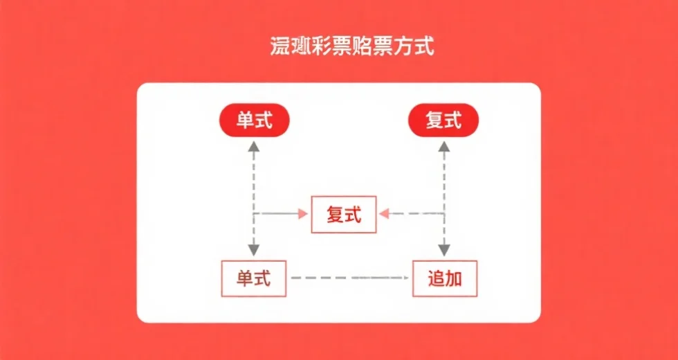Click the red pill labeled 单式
253,121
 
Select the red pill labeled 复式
443,121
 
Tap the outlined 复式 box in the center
344,215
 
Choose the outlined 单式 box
253,278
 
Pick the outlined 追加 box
445,278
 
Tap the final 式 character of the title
423,47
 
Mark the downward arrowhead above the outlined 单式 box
254,250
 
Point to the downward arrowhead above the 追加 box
443,250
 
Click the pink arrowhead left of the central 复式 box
302,215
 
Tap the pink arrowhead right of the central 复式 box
385,215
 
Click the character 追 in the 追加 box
436,279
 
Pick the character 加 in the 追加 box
454,279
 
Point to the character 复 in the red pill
434,121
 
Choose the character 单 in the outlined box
244,279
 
